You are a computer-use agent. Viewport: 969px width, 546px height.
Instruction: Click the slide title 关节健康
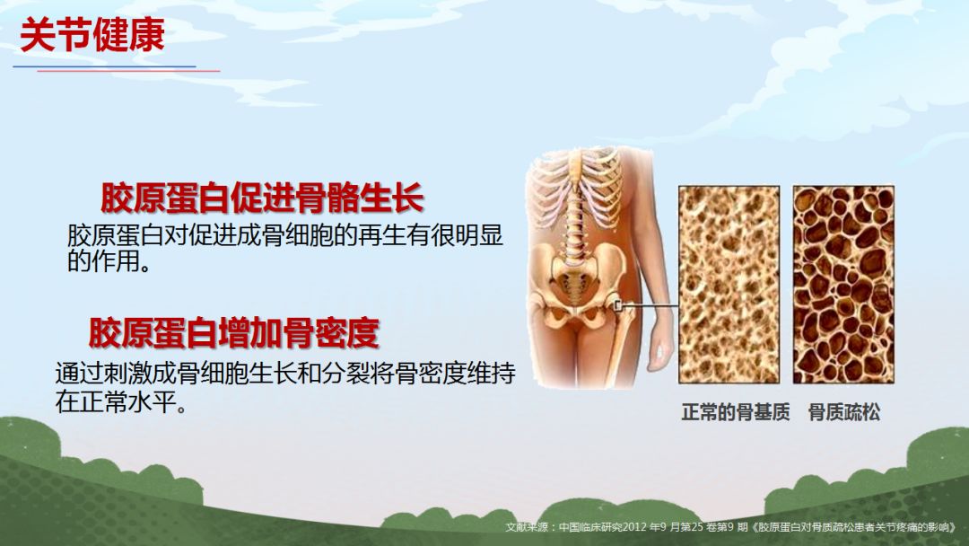[92, 35]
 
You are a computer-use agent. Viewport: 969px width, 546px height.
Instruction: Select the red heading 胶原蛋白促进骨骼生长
[262, 198]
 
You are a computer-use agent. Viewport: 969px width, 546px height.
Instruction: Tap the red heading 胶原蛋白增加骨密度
[233, 332]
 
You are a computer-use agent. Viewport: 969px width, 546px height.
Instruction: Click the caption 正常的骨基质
[736, 412]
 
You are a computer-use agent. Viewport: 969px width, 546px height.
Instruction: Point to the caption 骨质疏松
[844, 412]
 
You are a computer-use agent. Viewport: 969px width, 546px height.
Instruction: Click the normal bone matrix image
[729, 285]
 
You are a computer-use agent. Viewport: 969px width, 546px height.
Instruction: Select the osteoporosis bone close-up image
[843, 285]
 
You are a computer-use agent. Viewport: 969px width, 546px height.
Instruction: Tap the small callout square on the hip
[618, 304]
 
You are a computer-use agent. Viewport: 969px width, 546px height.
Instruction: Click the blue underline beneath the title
[104, 66]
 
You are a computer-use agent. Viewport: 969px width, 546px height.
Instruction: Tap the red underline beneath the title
[128, 71]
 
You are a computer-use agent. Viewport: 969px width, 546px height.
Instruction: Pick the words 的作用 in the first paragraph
[103, 261]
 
